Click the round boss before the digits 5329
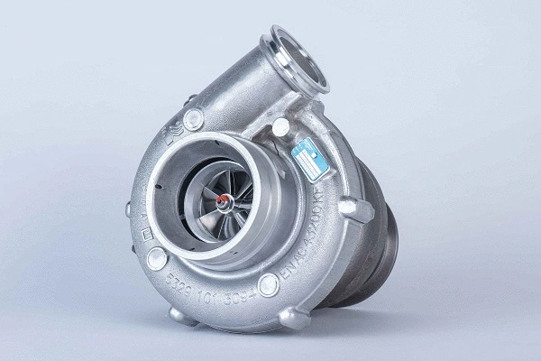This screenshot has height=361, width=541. click(x=157, y=256)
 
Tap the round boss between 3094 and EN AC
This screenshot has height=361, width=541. click(x=269, y=285)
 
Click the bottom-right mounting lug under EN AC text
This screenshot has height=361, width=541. click(x=294, y=318)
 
